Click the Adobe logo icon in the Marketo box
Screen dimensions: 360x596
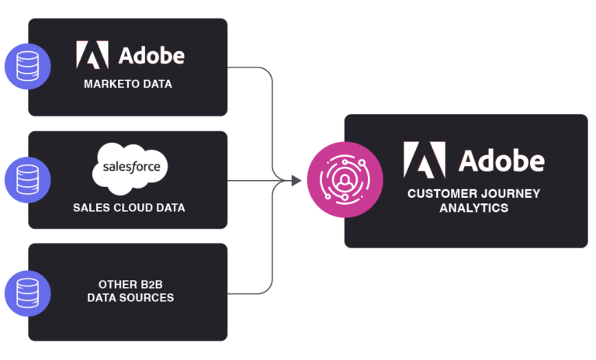(92, 55)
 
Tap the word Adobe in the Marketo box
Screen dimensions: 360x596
(151, 56)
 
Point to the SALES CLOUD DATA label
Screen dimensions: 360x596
(129, 208)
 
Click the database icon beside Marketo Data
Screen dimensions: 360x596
(27, 66)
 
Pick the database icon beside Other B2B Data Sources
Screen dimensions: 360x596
(27, 293)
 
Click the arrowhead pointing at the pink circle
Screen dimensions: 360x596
(296, 181)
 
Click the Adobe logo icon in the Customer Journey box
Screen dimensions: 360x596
(424, 161)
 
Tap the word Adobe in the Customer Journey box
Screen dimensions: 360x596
(501, 161)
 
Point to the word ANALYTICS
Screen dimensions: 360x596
(473, 208)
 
